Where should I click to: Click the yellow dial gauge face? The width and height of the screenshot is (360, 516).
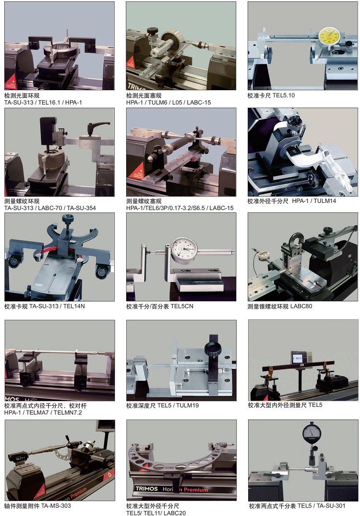(329, 36)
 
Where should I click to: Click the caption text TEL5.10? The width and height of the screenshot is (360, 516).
(284, 95)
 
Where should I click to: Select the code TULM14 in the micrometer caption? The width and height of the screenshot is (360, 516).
(324, 201)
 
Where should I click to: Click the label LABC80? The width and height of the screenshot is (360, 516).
(301, 306)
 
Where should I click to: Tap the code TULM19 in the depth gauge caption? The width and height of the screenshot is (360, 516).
(187, 405)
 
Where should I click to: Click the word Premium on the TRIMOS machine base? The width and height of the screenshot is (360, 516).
(196, 490)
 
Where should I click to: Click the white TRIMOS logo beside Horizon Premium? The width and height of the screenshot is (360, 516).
(147, 489)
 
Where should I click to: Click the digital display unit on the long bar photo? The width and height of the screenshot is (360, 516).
(300, 358)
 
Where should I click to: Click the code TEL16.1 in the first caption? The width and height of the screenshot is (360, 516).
(49, 102)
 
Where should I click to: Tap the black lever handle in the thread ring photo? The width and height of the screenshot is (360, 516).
(97, 126)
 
